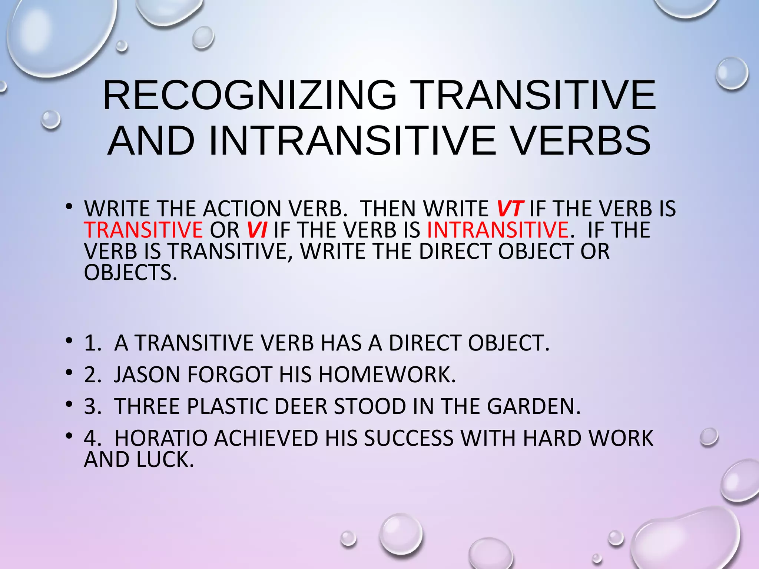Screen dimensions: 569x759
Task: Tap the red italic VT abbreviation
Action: pos(510,209)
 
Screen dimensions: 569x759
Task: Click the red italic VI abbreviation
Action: pos(257,230)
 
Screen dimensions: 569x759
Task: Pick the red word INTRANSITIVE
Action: pos(497,230)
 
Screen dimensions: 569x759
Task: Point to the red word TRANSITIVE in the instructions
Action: pos(143,230)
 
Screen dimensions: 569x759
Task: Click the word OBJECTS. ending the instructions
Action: pos(130,273)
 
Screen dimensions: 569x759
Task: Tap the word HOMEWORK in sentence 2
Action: pos(387,375)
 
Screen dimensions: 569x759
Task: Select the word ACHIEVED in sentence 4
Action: pos(266,438)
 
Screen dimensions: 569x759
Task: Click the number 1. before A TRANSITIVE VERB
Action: pos(92,343)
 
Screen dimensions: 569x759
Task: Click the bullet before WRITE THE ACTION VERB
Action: pos(69,207)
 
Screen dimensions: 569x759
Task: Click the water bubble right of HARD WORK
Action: pos(709,437)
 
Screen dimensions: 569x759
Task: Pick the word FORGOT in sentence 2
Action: pos(230,375)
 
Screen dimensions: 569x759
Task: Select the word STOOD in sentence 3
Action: pos(370,406)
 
